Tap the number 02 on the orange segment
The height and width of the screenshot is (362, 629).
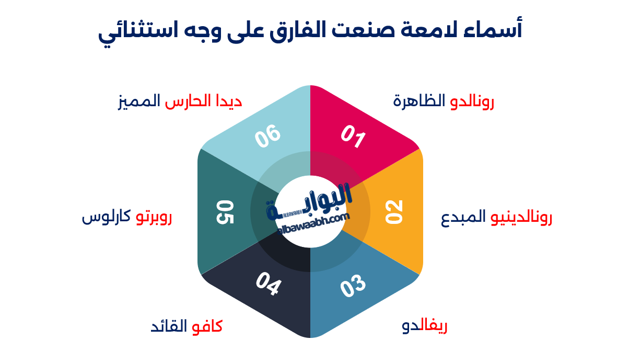tap(394, 212)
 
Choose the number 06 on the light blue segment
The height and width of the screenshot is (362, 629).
tap(268, 137)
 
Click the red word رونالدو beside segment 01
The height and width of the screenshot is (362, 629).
tap(472, 101)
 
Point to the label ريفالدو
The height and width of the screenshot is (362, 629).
tap(425, 327)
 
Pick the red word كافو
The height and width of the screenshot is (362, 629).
tap(207, 327)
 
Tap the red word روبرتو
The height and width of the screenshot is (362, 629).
tap(154, 218)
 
